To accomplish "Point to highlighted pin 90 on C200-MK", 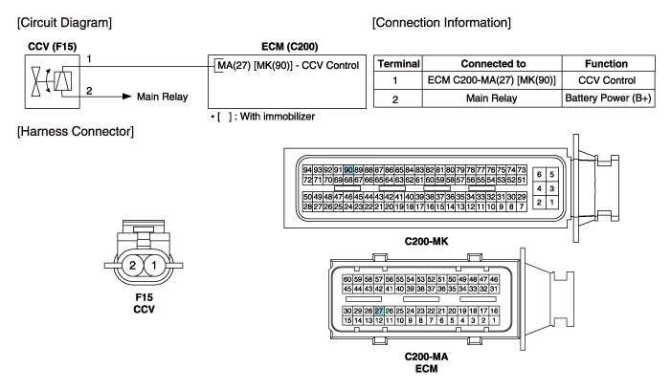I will click(x=348, y=168).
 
